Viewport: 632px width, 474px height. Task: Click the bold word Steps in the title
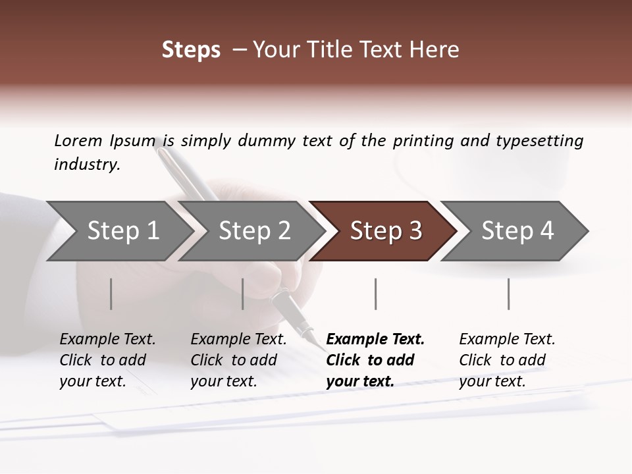click(x=191, y=50)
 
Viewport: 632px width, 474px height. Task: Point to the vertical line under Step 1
click(x=111, y=294)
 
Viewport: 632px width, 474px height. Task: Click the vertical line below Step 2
click(x=243, y=294)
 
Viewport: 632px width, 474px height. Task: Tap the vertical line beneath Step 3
click(x=375, y=294)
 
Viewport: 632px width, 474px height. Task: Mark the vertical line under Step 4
click(x=508, y=294)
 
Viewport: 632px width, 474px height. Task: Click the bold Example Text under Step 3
click(x=375, y=340)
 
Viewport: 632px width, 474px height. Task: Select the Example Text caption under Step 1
click(x=107, y=340)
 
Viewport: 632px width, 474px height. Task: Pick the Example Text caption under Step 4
click(x=507, y=340)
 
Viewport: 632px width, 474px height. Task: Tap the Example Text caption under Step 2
click(x=238, y=340)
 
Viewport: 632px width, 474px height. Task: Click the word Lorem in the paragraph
click(x=78, y=141)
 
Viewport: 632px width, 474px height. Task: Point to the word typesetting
click(x=539, y=141)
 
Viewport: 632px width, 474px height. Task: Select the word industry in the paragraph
click(x=87, y=165)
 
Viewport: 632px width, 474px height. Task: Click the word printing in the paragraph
click(x=423, y=141)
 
